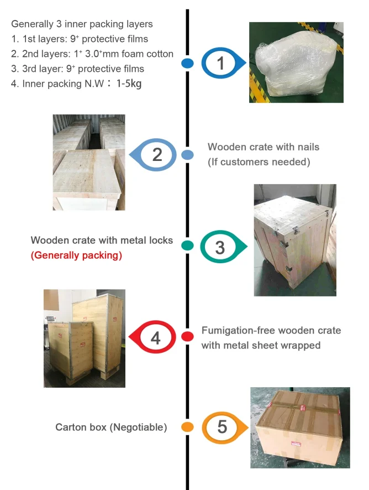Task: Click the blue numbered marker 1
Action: (221, 64)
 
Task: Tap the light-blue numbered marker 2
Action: (157, 154)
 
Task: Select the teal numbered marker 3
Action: (220, 247)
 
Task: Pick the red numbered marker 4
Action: (156, 337)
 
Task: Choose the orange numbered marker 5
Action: (222, 427)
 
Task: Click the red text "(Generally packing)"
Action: (76, 256)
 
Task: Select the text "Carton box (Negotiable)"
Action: (111, 427)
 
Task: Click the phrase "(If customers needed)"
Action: (259, 162)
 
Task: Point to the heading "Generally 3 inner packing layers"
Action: (82, 24)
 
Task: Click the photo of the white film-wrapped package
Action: (296, 62)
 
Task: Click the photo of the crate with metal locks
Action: (294, 240)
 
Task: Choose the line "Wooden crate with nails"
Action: (263, 147)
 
